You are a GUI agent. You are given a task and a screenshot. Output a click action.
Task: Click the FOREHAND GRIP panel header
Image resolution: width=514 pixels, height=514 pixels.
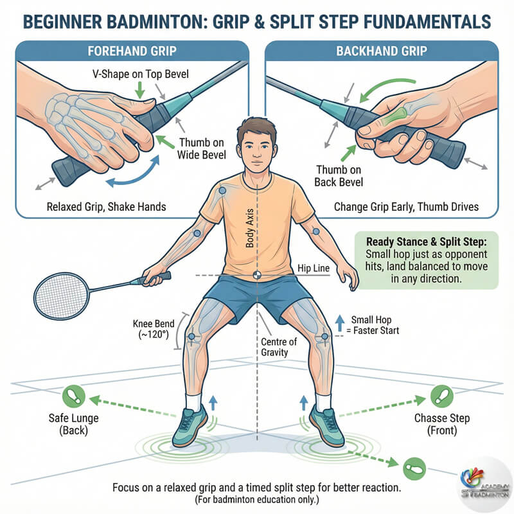[x=132, y=51]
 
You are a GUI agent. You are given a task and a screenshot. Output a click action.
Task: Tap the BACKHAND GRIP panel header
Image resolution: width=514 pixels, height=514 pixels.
[x=382, y=51]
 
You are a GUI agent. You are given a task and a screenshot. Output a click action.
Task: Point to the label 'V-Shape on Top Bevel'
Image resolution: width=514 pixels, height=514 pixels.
[x=141, y=74]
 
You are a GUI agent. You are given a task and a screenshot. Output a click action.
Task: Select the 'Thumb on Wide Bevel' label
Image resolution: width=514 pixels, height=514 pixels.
[x=202, y=148]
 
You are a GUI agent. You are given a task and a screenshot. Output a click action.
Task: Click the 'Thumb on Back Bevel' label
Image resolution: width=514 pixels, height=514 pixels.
[x=339, y=175]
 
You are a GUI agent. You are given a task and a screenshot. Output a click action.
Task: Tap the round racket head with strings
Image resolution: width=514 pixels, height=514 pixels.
[x=62, y=296]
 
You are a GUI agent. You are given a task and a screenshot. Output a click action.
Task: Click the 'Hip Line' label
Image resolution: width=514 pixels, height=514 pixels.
[x=314, y=268]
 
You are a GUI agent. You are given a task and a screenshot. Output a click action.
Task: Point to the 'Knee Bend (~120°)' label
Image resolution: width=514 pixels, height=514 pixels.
[x=154, y=329]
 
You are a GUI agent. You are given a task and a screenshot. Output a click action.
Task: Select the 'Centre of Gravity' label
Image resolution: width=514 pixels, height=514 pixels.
[x=279, y=347]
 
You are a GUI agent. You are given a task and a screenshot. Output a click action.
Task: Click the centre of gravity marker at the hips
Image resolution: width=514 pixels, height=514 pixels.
[x=258, y=275]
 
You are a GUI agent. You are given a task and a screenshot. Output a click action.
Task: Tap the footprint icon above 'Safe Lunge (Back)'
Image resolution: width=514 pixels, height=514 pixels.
[x=74, y=396]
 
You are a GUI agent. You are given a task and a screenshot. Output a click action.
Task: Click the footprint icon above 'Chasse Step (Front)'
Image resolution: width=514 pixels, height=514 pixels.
[x=441, y=396]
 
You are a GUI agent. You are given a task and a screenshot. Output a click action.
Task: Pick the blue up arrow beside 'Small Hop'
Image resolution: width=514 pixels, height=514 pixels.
[x=340, y=324]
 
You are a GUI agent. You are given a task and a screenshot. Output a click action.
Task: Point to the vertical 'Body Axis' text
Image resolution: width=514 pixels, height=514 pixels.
[x=250, y=228]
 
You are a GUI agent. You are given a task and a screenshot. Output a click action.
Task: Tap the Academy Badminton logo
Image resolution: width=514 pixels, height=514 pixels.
[x=485, y=484]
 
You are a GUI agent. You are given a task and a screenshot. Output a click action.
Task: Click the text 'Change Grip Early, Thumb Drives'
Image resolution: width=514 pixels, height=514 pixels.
[x=406, y=207]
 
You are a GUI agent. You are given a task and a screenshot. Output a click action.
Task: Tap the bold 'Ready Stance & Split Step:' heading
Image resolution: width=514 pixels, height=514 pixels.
[x=427, y=242]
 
